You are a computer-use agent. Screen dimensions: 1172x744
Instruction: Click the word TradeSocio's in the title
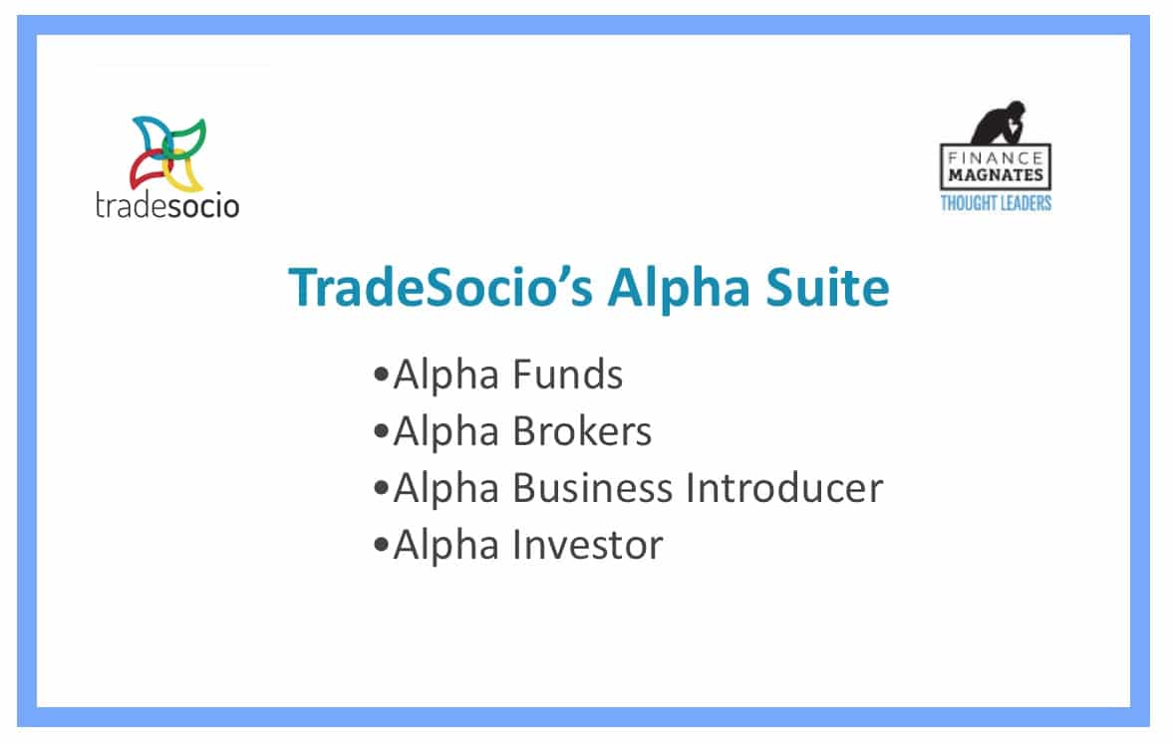[x=440, y=287]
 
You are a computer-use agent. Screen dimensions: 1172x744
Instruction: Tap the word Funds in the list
[x=567, y=374]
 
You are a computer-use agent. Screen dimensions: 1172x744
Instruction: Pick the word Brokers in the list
[x=582, y=431]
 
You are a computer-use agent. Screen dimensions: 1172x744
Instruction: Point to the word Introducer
[x=784, y=488]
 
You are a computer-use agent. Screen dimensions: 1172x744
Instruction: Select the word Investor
[x=588, y=545]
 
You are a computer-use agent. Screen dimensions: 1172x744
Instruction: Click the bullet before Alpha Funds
[x=381, y=373]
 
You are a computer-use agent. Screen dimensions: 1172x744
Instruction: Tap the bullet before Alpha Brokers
[x=381, y=431]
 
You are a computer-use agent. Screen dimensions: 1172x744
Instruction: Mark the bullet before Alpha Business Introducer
[x=381, y=488]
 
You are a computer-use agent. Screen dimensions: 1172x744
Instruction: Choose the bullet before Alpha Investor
[x=381, y=545]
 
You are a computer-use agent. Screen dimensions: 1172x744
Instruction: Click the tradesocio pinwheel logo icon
[x=168, y=153]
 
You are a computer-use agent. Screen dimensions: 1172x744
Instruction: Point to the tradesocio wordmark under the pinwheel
[x=167, y=205]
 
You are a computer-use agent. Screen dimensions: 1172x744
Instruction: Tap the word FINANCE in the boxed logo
[x=995, y=158]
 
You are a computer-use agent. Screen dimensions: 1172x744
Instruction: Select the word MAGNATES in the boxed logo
[x=995, y=175]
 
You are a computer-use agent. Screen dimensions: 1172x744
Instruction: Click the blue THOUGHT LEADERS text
[x=996, y=203]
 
